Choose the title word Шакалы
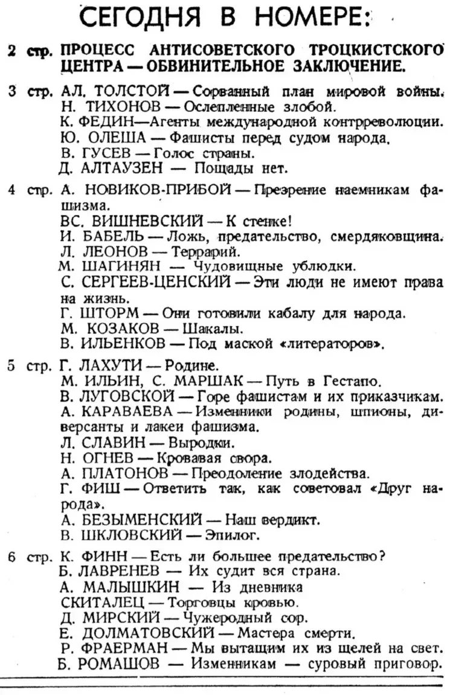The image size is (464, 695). pyautogui.click(x=215, y=329)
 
